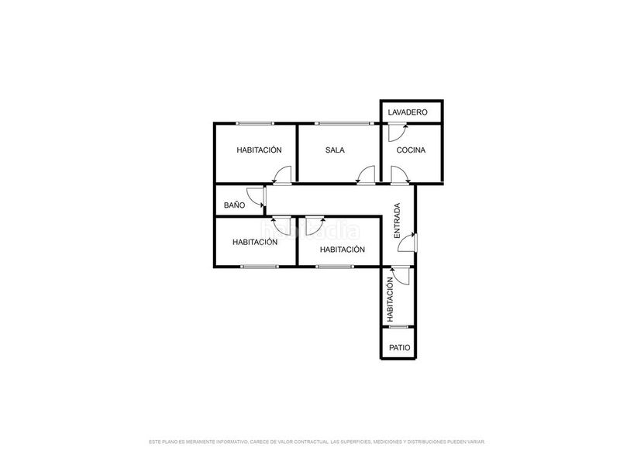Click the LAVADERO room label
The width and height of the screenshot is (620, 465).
(x=408, y=112)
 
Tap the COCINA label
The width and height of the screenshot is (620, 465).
(x=411, y=150)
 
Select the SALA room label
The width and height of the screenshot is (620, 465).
(x=335, y=150)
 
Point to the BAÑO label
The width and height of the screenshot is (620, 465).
(x=234, y=205)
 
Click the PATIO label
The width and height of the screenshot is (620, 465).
(x=400, y=348)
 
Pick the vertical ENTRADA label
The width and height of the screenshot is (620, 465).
(x=398, y=221)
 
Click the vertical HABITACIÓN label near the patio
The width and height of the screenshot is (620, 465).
(x=391, y=299)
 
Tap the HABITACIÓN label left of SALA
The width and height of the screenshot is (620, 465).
(x=259, y=150)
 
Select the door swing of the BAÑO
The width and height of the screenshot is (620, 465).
(x=256, y=197)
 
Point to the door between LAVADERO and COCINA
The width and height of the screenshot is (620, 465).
(x=398, y=132)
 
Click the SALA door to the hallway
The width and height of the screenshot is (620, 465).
(x=365, y=175)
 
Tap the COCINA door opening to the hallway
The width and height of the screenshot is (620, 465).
(x=401, y=175)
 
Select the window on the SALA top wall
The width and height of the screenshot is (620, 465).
(x=344, y=123)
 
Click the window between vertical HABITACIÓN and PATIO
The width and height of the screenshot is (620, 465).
(x=398, y=327)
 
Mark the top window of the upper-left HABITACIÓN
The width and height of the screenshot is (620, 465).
(x=254, y=123)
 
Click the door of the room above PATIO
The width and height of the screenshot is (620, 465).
(x=399, y=276)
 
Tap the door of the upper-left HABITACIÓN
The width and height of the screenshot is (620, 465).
(x=281, y=175)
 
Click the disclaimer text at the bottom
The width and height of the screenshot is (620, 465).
(x=317, y=442)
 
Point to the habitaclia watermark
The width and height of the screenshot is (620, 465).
(x=311, y=230)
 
